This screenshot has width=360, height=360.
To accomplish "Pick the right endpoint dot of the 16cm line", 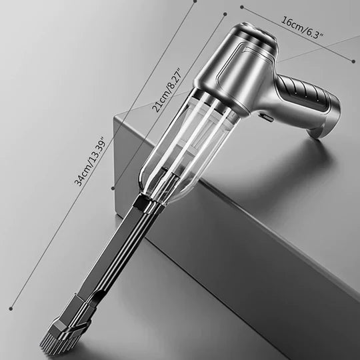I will tap(353, 61).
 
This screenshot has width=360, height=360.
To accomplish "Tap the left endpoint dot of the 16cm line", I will tap(241, 9).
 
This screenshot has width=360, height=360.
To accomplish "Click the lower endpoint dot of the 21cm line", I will tap(113, 189).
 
